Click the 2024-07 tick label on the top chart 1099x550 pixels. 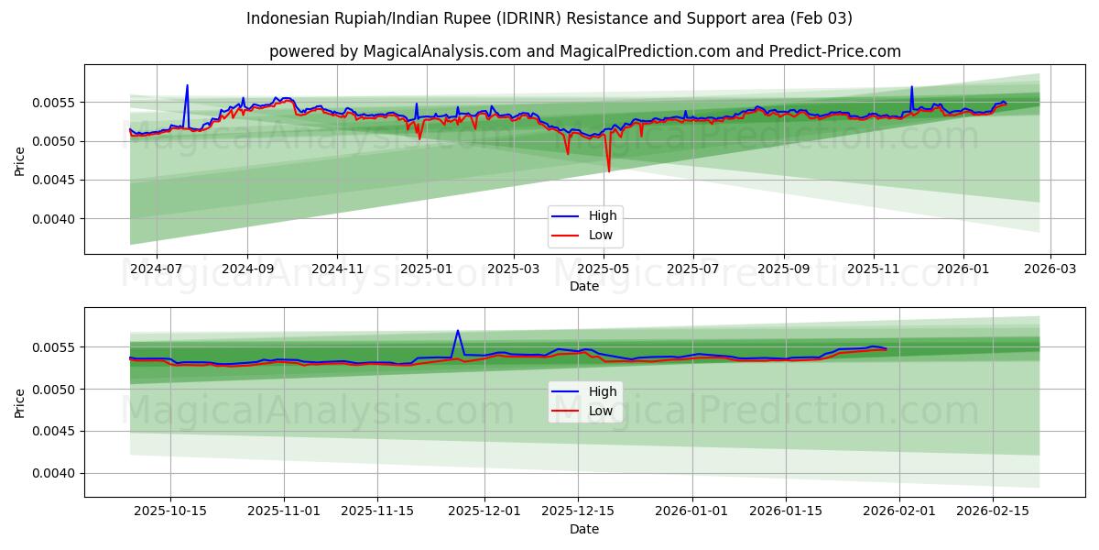[x=156, y=269]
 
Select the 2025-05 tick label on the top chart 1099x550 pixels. [x=604, y=269]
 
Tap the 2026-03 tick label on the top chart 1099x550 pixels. [x=1050, y=269]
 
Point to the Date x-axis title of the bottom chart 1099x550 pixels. [x=584, y=529]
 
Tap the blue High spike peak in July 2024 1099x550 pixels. [x=187, y=85]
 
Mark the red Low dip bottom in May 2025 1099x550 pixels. [x=608, y=171]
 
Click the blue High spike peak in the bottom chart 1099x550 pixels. [x=458, y=331]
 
